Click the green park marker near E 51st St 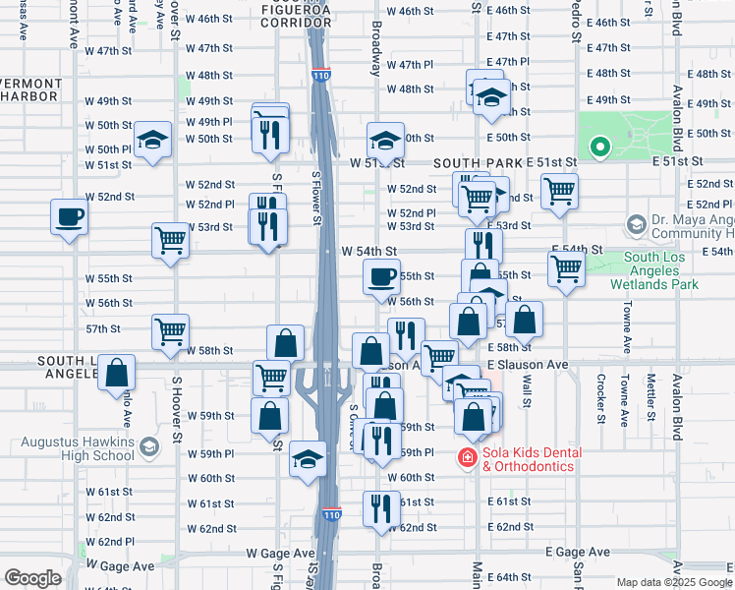(599, 147)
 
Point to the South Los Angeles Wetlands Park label (660, 270)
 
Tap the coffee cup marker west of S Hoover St (70, 218)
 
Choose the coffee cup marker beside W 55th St (381, 278)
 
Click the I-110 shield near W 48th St (320, 75)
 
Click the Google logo (33, 578)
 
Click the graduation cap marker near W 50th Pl (152, 142)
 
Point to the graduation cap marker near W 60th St (308, 460)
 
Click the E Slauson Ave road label (529, 365)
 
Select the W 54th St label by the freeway (368, 252)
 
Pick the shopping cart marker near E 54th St (566, 268)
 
